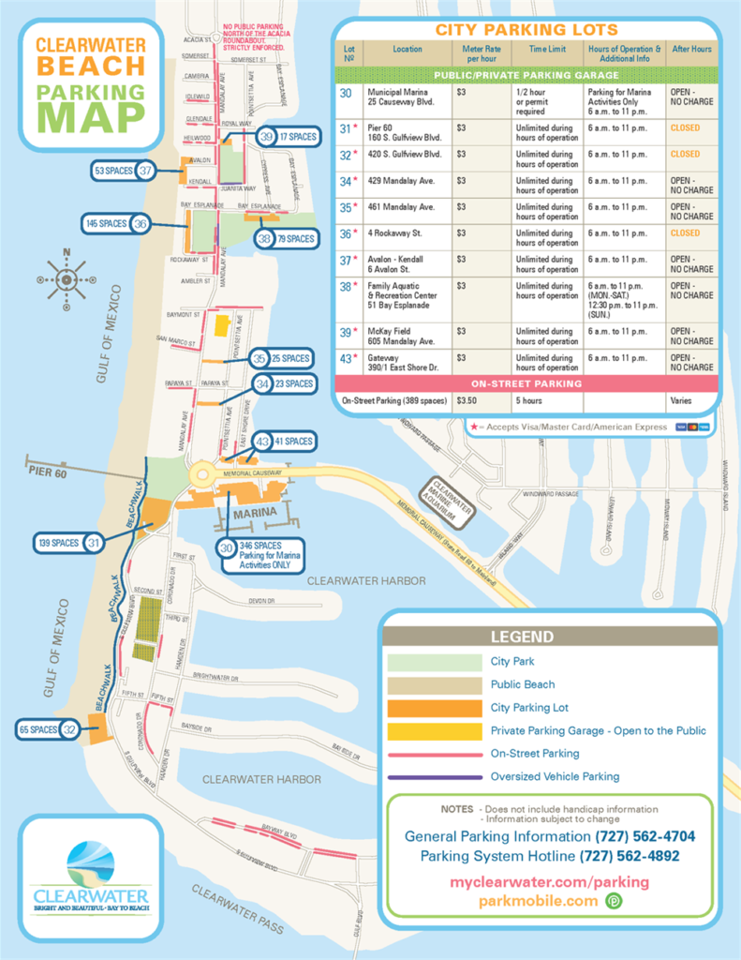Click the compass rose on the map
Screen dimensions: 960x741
point(67,278)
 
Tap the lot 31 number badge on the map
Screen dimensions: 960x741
point(94,543)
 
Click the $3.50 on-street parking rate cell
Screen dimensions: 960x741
point(465,399)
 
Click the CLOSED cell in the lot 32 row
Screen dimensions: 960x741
point(685,154)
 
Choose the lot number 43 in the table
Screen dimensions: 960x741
point(346,358)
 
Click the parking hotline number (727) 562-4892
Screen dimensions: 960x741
point(630,856)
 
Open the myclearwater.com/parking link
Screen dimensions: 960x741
point(549,882)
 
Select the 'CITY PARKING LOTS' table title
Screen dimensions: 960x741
point(526,30)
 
